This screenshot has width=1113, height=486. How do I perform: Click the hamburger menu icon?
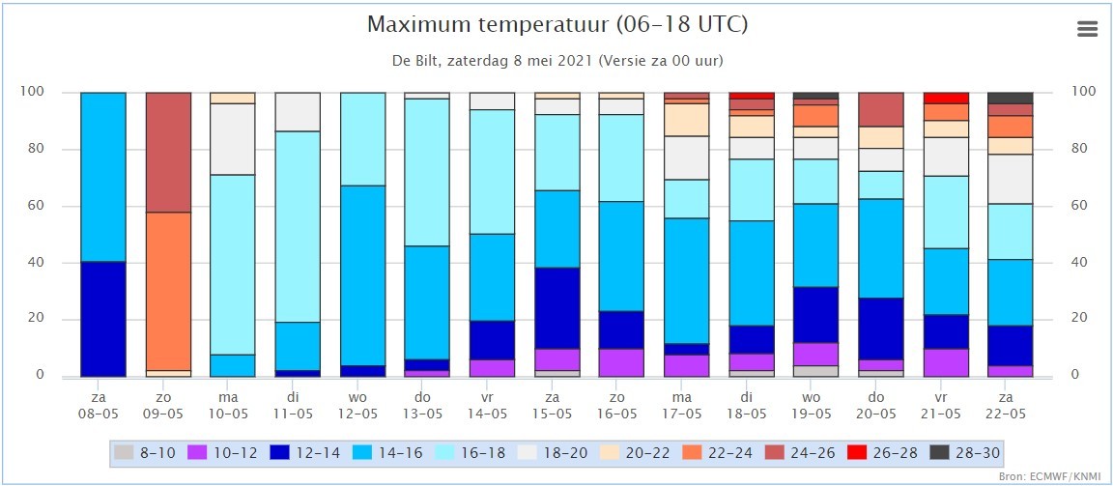[x=1087, y=28]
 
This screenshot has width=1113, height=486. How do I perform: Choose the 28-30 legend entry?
[x=964, y=452]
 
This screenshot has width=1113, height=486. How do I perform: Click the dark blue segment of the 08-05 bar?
[x=103, y=319]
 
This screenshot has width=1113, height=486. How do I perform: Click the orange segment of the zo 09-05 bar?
[x=168, y=291]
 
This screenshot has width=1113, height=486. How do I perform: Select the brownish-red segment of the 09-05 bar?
[x=168, y=153]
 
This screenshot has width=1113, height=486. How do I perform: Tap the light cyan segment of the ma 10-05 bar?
[x=233, y=265]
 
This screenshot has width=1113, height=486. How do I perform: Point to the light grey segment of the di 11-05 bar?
[x=298, y=112]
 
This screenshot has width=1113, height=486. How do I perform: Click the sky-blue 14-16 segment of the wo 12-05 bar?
[x=362, y=275]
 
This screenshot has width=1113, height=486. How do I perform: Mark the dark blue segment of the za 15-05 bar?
[x=556, y=308]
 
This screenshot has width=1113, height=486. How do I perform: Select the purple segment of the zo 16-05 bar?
[x=621, y=362]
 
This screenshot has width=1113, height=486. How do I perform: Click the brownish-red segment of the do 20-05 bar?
[x=880, y=109]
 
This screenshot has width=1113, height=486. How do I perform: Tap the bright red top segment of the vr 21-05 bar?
[x=945, y=98]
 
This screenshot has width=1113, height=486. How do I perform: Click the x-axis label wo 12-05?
[x=362, y=406]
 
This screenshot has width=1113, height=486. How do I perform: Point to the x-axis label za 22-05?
[x=1010, y=406]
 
